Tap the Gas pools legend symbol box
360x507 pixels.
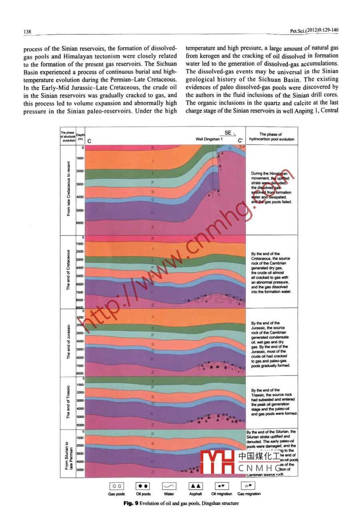117,486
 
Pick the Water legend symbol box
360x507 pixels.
169,486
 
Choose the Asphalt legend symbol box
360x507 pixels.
196,486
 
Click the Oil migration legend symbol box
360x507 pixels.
222,486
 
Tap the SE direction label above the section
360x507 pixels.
228,133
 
